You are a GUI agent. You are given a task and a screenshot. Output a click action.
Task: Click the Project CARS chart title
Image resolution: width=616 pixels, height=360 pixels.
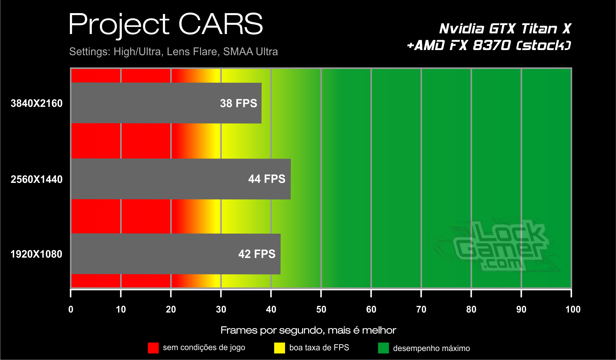tap(165, 25)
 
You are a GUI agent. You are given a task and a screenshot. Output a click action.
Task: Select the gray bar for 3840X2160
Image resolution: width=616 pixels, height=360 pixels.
tap(144, 103)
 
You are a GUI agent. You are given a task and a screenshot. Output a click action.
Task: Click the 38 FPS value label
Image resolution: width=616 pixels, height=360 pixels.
tap(238, 103)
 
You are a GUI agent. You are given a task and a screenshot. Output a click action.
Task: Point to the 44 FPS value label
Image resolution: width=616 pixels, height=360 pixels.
tap(266, 179)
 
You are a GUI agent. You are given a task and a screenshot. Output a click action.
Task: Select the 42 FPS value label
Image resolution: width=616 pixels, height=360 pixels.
tap(257, 254)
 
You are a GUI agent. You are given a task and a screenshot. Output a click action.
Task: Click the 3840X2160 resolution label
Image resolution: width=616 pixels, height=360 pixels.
tap(37, 103)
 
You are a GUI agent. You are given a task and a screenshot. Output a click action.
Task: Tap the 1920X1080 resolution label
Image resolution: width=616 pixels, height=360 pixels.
tap(36, 254)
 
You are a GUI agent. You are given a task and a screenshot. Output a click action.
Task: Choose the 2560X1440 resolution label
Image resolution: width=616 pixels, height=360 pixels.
tap(37, 179)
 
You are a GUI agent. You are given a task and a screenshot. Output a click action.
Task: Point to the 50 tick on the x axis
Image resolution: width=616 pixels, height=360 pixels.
tap(321, 309)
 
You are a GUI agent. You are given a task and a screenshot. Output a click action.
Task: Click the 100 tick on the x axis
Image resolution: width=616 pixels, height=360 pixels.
tap(573, 309)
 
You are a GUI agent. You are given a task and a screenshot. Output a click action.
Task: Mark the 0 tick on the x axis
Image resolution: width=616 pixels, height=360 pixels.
tap(71, 309)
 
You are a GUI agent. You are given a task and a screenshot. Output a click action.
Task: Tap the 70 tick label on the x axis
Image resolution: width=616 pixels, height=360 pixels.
tap(421, 309)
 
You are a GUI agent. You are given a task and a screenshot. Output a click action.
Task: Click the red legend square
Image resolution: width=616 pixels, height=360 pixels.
tap(153, 348)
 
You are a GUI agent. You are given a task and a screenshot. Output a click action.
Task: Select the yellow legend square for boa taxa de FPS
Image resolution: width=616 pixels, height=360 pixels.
tap(279, 348)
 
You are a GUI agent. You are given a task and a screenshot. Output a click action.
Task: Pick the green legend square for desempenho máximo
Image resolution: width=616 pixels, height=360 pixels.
tap(383, 348)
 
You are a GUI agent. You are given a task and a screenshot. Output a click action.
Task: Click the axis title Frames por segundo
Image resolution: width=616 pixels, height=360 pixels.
tap(308, 330)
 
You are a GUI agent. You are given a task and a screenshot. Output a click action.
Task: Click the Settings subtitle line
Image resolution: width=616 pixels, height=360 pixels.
tap(173, 52)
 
